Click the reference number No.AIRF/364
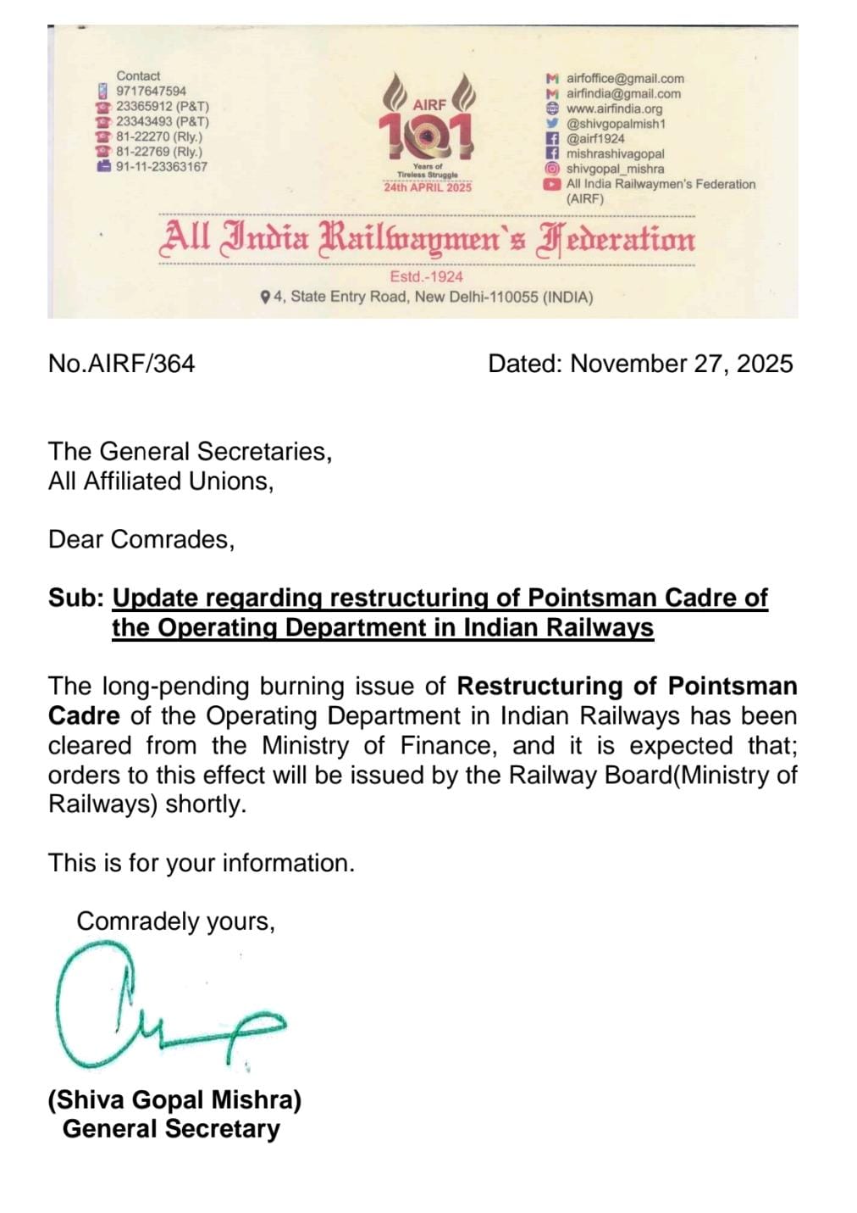point(121,364)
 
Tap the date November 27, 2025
point(682,364)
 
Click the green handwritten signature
point(161,1009)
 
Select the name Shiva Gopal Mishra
point(174,1099)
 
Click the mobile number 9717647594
point(151,91)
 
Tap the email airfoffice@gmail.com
point(625,79)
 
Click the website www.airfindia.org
point(614,109)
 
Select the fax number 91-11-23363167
point(161,167)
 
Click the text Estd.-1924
point(426,277)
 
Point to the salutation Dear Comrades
point(141,539)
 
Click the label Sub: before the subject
point(75,598)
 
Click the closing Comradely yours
point(175,921)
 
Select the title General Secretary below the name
point(170,1129)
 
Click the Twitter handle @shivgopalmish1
point(616,125)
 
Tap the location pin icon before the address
point(266,298)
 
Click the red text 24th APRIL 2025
point(428,187)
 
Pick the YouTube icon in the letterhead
point(552,184)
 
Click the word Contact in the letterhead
point(138,75)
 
